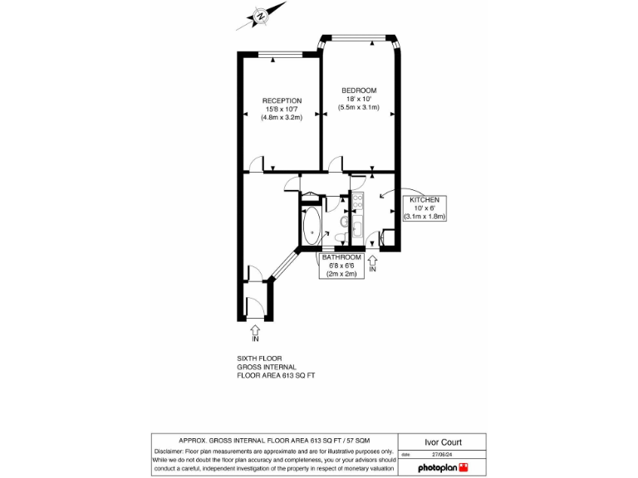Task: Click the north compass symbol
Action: coord(261,16)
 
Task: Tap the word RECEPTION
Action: coord(282,100)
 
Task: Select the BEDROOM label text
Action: coord(359,90)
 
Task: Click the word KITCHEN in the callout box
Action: coord(425,200)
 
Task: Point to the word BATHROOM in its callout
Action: coord(342,257)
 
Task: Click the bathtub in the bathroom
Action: coord(312,226)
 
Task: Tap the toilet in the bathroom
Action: coord(344,222)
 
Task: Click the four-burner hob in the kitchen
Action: coord(358,201)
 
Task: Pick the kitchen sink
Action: coord(358,228)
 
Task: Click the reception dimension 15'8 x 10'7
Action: coord(282,109)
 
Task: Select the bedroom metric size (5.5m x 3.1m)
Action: coord(359,107)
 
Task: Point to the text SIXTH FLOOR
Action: coord(259,358)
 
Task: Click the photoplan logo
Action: coord(443,467)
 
